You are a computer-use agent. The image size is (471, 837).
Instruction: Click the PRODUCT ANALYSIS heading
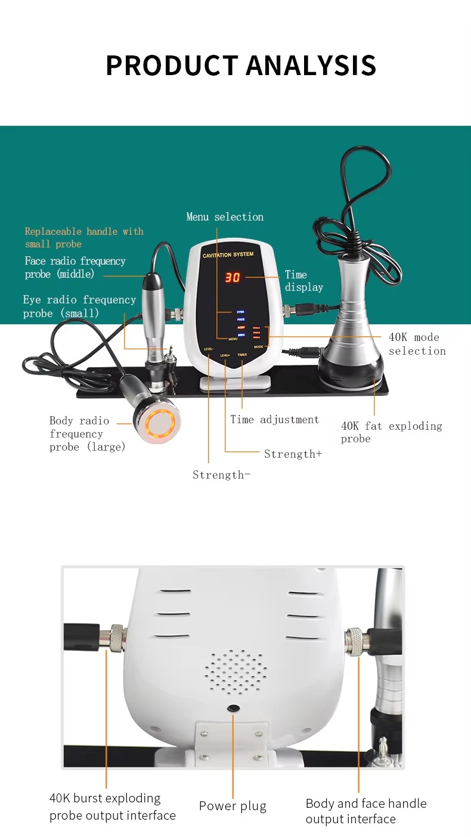(x=241, y=65)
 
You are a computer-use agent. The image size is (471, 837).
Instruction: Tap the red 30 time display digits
(x=232, y=277)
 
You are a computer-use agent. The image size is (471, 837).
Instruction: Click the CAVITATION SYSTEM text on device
(x=228, y=255)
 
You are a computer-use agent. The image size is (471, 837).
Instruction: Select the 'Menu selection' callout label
(x=225, y=217)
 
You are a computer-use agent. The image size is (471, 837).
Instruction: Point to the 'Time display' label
(x=303, y=281)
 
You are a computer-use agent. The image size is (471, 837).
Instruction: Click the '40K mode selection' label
(x=417, y=344)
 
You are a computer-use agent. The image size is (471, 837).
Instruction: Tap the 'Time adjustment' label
(x=275, y=420)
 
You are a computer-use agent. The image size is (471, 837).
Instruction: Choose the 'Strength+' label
(x=293, y=454)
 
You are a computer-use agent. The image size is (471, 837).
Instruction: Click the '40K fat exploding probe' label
(x=391, y=432)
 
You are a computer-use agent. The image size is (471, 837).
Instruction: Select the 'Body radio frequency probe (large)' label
(x=87, y=434)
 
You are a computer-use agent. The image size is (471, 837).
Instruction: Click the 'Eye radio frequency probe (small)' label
(x=79, y=306)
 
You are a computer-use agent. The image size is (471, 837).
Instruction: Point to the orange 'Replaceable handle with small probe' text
(x=84, y=237)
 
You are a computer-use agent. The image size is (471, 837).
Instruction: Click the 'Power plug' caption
(x=233, y=806)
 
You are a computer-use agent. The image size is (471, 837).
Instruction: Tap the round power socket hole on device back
(x=233, y=708)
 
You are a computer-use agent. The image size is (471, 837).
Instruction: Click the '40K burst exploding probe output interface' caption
(x=112, y=807)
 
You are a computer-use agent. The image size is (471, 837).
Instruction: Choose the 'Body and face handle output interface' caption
(x=365, y=811)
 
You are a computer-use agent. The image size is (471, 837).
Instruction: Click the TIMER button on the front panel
(x=242, y=355)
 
